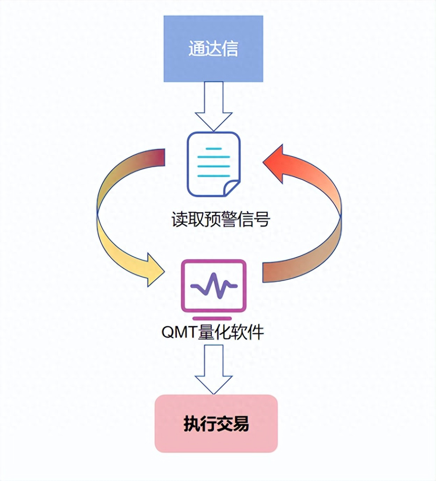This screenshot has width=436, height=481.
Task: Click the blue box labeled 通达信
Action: tap(213, 49)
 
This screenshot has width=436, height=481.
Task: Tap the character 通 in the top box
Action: tap(197, 49)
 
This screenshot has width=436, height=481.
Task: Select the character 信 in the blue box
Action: tap(230, 49)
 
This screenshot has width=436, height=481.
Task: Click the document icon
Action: tap(213, 164)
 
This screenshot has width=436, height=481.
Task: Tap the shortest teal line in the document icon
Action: tap(213, 149)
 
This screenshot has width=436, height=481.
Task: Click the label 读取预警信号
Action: tap(220, 219)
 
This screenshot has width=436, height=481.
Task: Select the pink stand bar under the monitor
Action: tap(212, 318)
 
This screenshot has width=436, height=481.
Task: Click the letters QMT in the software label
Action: tap(179, 332)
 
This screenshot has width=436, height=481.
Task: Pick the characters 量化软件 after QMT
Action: tap(231, 332)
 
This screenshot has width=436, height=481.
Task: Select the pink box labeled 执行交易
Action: tap(216, 424)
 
